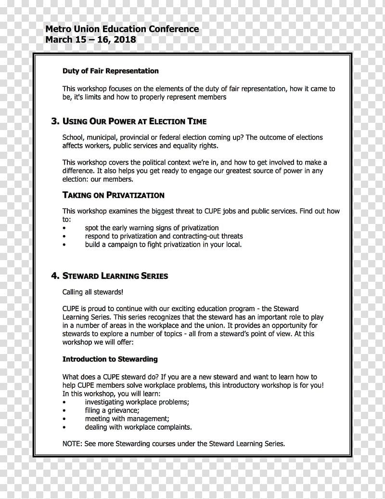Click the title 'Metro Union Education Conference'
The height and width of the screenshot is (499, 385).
(x=122, y=29)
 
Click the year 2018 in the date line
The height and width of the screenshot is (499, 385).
(x=125, y=40)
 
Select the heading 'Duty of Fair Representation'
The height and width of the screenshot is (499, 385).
(x=110, y=71)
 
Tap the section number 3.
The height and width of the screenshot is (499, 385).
(x=55, y=121)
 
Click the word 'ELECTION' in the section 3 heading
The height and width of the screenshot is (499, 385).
(x=169, y=121)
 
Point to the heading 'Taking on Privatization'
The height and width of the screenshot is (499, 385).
(x=113, y=195)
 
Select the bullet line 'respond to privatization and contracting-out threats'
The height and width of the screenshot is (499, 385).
(x=164, y=236)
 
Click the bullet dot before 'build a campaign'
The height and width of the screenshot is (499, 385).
(x=64, y=245)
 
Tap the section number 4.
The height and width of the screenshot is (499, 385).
(x=55, y=276)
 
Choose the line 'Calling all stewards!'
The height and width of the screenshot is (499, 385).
(x=92, y=292)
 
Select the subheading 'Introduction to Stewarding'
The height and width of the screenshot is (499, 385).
(x=110, y=359)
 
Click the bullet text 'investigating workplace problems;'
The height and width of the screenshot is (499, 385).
(x=137, y=402)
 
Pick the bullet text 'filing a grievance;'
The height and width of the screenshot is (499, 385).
(x=112, y=410)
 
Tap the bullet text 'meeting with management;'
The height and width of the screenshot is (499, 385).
(x=127, y=419)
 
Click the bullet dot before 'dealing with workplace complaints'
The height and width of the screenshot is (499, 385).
(x=64, y=427)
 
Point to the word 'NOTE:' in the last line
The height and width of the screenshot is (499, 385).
(x=72, y=444)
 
